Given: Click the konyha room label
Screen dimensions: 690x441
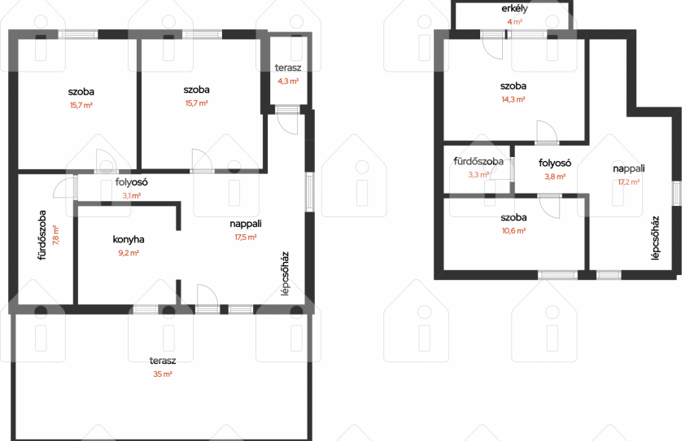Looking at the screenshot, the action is [129, 239].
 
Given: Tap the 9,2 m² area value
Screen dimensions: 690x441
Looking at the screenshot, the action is [129, 253].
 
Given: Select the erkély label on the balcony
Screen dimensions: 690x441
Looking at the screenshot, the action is [514, 8].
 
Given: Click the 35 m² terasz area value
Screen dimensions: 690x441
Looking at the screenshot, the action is [163, 374].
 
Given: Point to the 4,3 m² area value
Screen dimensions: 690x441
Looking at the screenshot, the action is [288, 81].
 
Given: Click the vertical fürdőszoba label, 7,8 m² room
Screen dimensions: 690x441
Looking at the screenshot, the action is [42, 235].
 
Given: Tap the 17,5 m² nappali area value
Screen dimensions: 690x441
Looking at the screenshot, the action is [246, 238].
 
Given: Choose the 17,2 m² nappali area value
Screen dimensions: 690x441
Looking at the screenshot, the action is [629, 181].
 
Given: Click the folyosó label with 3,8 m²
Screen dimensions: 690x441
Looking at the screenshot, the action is [555, 164].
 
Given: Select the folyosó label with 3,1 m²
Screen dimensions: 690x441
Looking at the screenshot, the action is [132, 182].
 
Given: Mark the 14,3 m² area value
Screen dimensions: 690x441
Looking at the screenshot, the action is [513, 99].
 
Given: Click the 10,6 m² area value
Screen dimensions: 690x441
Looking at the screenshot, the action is [513, 230].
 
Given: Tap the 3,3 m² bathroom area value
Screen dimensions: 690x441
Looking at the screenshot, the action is [478, 175].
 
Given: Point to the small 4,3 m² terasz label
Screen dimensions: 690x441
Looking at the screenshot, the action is [288, 68].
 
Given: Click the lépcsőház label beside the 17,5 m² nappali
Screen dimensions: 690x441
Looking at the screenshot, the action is [285, 273].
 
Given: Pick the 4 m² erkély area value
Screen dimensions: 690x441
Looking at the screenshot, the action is [514, 22].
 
